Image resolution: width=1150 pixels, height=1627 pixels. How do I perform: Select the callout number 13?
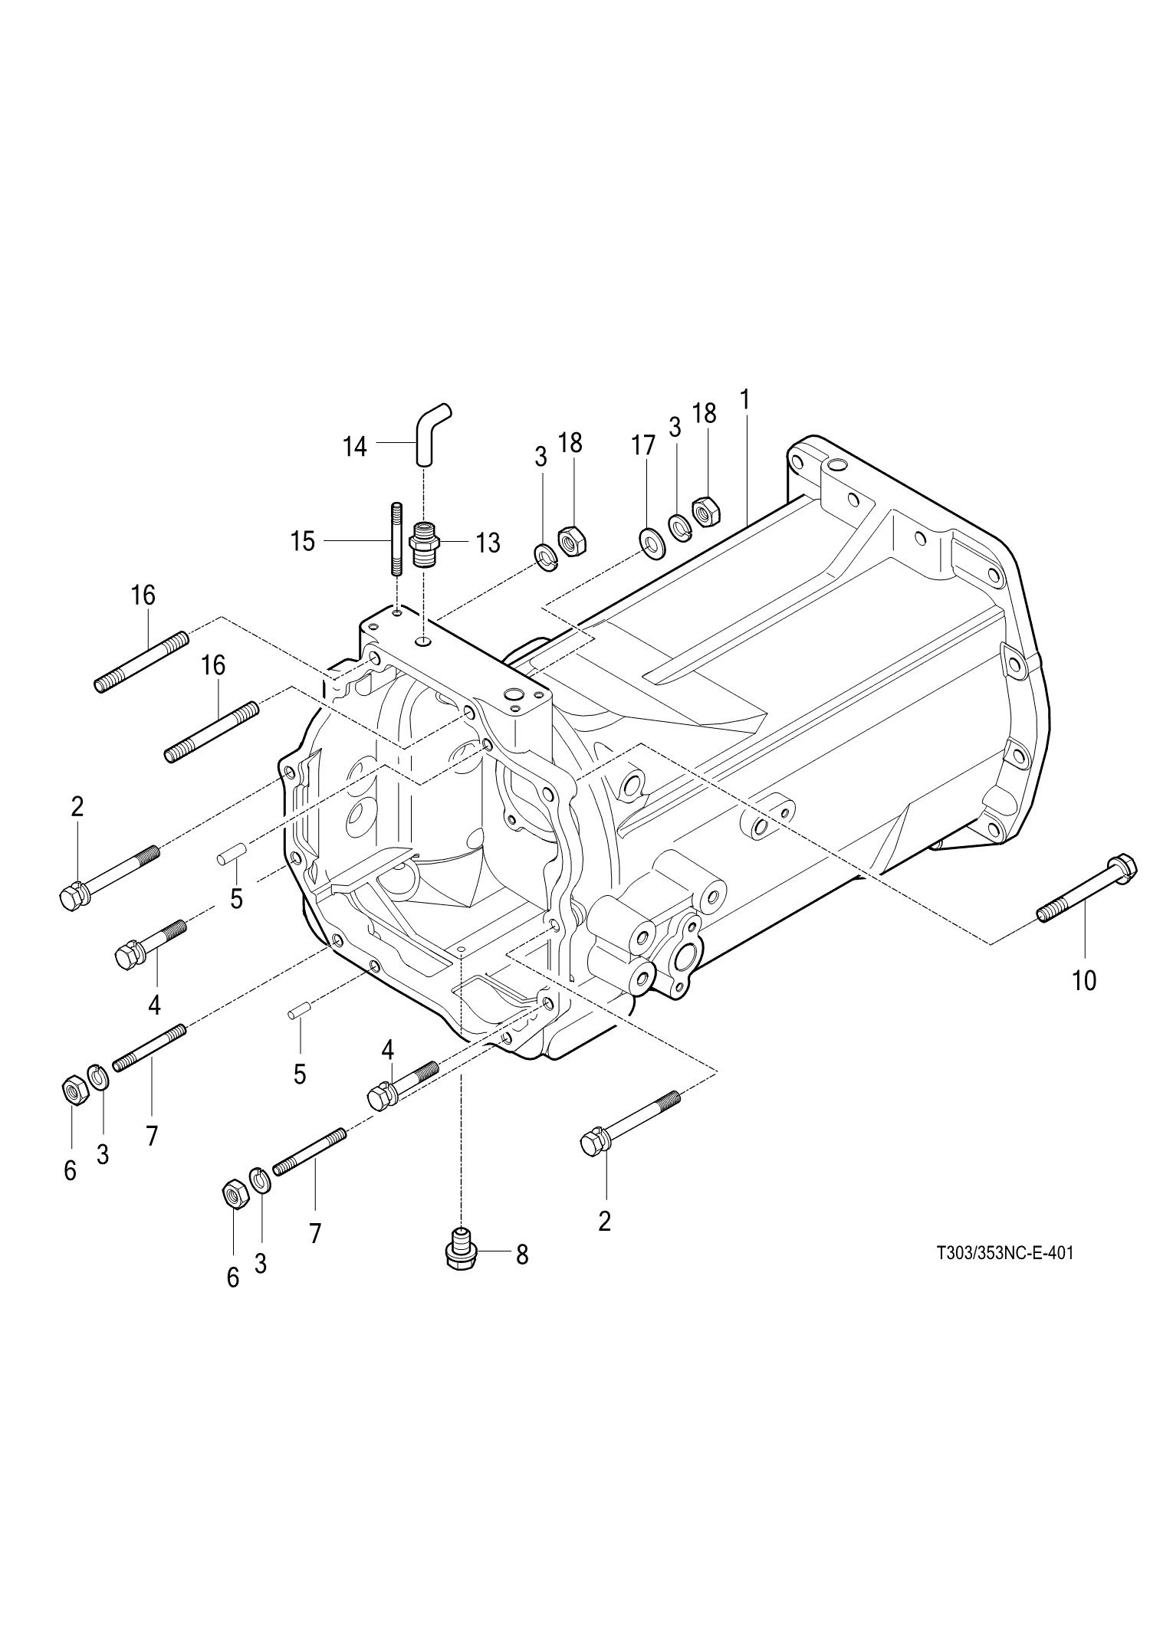click(488, 543)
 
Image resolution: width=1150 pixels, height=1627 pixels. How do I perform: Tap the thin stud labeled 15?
click(397, 538)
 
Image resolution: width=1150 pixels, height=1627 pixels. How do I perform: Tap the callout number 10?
click(1084, 979)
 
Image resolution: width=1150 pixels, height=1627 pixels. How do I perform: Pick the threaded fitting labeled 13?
click(423, 543)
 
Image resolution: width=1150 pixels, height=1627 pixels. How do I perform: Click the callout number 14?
click(354, 446)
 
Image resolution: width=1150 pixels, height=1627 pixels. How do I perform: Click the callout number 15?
click(303, 542)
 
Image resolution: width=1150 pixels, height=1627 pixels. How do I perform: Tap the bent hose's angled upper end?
click(439, 415)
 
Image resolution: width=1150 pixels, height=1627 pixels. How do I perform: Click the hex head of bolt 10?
click(1122, 870)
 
